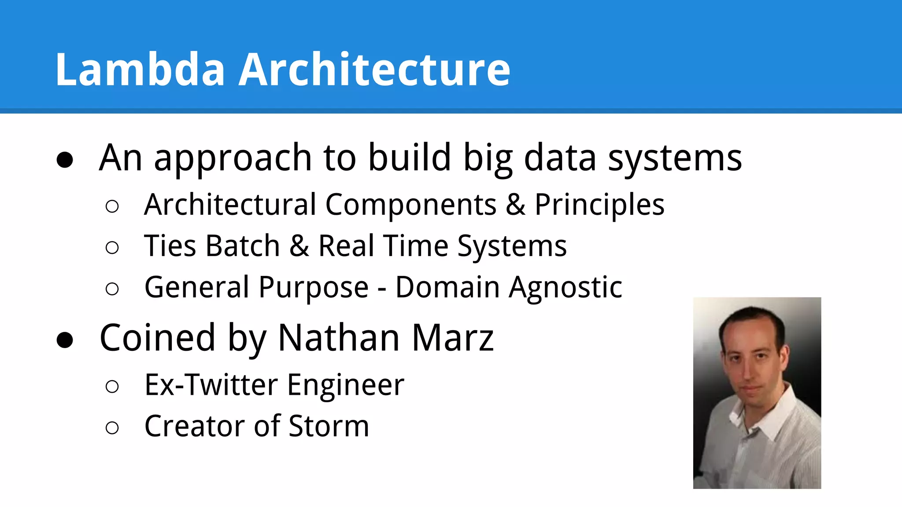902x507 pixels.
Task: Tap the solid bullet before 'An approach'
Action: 65,160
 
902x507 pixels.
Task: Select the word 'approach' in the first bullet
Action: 233,158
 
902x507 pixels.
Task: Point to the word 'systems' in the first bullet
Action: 675,158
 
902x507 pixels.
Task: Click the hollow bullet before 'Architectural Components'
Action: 112,206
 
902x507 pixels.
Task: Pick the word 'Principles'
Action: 599,205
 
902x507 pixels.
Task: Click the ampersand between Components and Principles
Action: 516,205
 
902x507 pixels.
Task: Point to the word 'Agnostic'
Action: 566,287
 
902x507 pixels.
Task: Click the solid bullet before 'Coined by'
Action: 65,340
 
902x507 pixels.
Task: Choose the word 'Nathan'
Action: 339,338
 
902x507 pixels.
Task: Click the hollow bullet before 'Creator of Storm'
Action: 112,427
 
